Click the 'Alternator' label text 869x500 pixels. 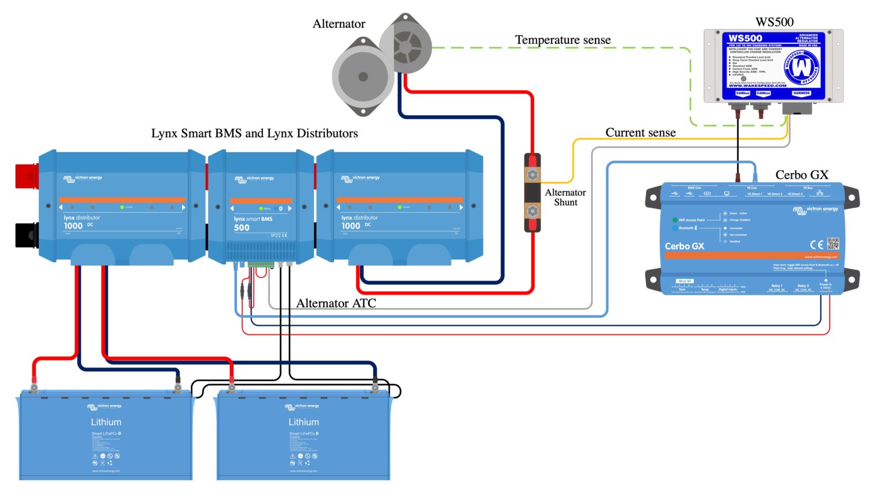339,24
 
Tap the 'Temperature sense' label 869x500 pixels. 563,40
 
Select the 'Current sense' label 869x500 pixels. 640,133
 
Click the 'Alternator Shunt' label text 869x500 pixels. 565,197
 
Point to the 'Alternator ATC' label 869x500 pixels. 336,303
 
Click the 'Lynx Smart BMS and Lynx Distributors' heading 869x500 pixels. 254,133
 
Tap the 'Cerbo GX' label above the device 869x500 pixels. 801,175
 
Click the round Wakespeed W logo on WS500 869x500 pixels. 802,67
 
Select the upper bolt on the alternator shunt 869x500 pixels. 532,174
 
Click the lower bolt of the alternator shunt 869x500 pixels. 532,211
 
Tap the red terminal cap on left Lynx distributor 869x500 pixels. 26,176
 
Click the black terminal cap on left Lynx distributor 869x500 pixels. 26,235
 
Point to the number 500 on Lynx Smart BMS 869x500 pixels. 242,228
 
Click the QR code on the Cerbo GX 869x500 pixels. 833,244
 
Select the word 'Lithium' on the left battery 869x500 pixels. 106,422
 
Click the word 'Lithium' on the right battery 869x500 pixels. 304,422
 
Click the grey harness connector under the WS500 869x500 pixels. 797,108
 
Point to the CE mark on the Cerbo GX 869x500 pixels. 816,244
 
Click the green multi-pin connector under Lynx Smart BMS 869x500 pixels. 261,264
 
